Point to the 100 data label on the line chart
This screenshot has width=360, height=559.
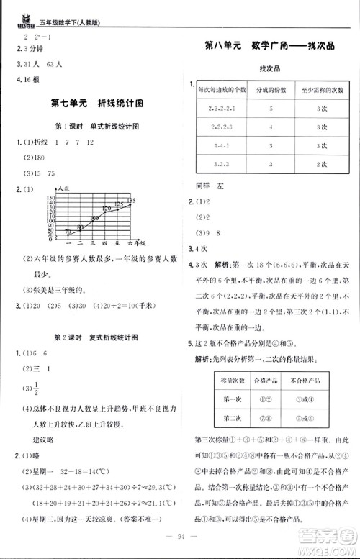(x=94, y=217)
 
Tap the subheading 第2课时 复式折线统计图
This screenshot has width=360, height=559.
(x=96, y=337)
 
